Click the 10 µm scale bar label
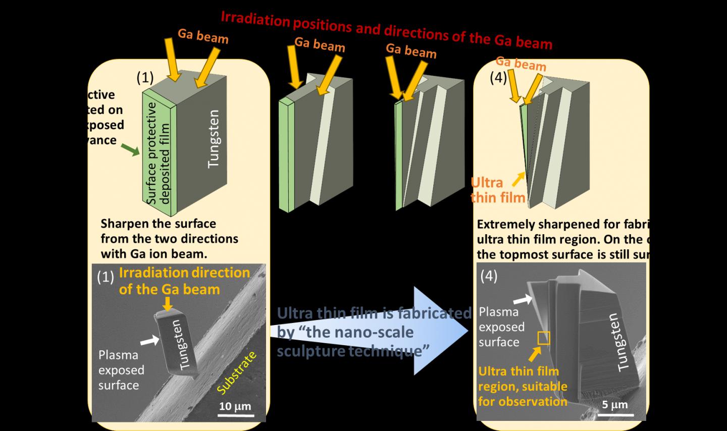click(x=235, y=406)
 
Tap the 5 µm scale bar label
click(x=615, y=404)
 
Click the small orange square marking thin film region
click(x=543, y=338)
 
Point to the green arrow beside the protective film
click(x=130, y=149)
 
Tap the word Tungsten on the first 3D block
click(x=214, y=138)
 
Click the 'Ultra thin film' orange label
click(x=497, y=190)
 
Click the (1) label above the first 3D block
click(x=145, y=77)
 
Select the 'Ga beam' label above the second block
click(x=320, y=44)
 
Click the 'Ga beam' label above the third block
click(x=411, y=50)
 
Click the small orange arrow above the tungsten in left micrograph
click(x=168, y=303)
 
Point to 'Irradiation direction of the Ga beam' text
click(x=184, y=281)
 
